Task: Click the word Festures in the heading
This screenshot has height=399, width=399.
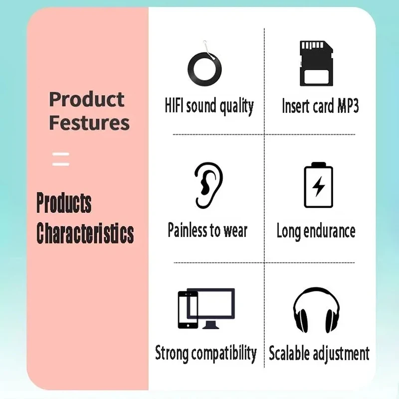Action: click(x=89, y=123)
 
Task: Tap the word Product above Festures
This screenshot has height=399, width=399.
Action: click(x=87, y=99)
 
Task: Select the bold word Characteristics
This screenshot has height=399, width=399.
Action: click(x=85, y=233)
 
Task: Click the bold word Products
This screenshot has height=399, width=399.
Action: click(x=64, y=202)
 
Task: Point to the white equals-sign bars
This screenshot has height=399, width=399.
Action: click(x=61, y=159)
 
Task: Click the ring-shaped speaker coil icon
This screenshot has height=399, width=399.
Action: click(x=204, y=69)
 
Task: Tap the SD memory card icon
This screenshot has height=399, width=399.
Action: click(x=316, y=63)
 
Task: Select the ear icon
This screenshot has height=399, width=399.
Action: click(x=208, y=185)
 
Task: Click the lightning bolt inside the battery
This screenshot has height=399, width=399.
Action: click(x=318, y=187)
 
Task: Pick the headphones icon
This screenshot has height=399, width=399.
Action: click(x=316, y=310)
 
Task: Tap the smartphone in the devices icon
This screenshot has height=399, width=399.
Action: click(x=188, y=310)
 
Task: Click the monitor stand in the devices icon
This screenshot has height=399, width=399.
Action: click(x=210, y=325)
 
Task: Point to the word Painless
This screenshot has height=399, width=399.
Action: click(x=188, y=230)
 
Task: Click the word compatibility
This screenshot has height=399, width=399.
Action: click(x=224, y=354)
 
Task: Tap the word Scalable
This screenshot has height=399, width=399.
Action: click(x=289, y=353)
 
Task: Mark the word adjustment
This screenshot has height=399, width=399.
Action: click(x=341, y=354)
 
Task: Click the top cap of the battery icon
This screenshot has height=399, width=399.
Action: click(x=318, y=164)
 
